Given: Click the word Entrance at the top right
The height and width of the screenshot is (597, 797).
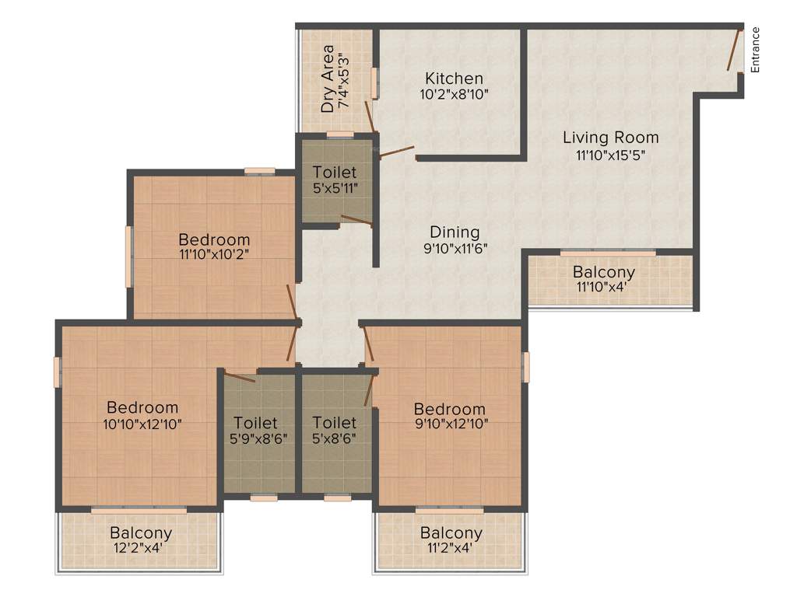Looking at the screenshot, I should click(755, 50).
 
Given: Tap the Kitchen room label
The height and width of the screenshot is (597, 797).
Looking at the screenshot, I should click(454, 79).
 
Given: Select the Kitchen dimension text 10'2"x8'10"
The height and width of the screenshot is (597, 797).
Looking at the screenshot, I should click(454, 94).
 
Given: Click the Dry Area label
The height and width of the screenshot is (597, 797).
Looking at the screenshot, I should click(328, 79).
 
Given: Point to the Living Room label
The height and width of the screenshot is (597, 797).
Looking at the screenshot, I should click(611, 138).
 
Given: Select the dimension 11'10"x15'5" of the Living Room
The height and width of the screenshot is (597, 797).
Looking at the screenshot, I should click(611, 154).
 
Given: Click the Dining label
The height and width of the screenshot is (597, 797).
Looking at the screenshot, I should click(455, 232).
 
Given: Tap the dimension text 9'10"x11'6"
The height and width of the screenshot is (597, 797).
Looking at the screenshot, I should click(455, 249).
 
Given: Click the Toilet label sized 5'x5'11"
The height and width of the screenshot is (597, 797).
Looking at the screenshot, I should click(335, 172).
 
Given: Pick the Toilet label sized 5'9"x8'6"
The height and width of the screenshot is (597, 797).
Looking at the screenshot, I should click(255, 423).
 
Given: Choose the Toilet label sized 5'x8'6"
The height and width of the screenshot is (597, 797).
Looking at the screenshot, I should click(335, 423).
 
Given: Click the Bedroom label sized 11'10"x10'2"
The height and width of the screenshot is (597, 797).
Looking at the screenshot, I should click(214, 239).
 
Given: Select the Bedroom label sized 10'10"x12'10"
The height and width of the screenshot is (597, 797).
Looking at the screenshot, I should click(142, 407).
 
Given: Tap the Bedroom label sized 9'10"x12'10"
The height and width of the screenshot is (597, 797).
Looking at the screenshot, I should click(449, 410).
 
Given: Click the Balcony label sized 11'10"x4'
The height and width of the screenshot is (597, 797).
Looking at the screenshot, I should click(604, 273).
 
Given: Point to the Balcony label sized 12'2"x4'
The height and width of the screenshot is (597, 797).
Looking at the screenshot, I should click(140, 533).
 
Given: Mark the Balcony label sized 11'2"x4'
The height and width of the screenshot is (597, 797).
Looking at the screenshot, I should click(451, 533).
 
